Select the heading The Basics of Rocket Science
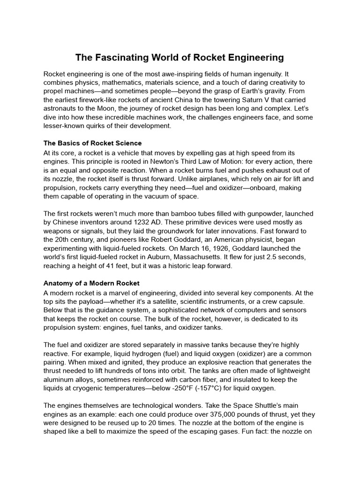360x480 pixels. click(92, 143)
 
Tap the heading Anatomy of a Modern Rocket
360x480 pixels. click(91, 284)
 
